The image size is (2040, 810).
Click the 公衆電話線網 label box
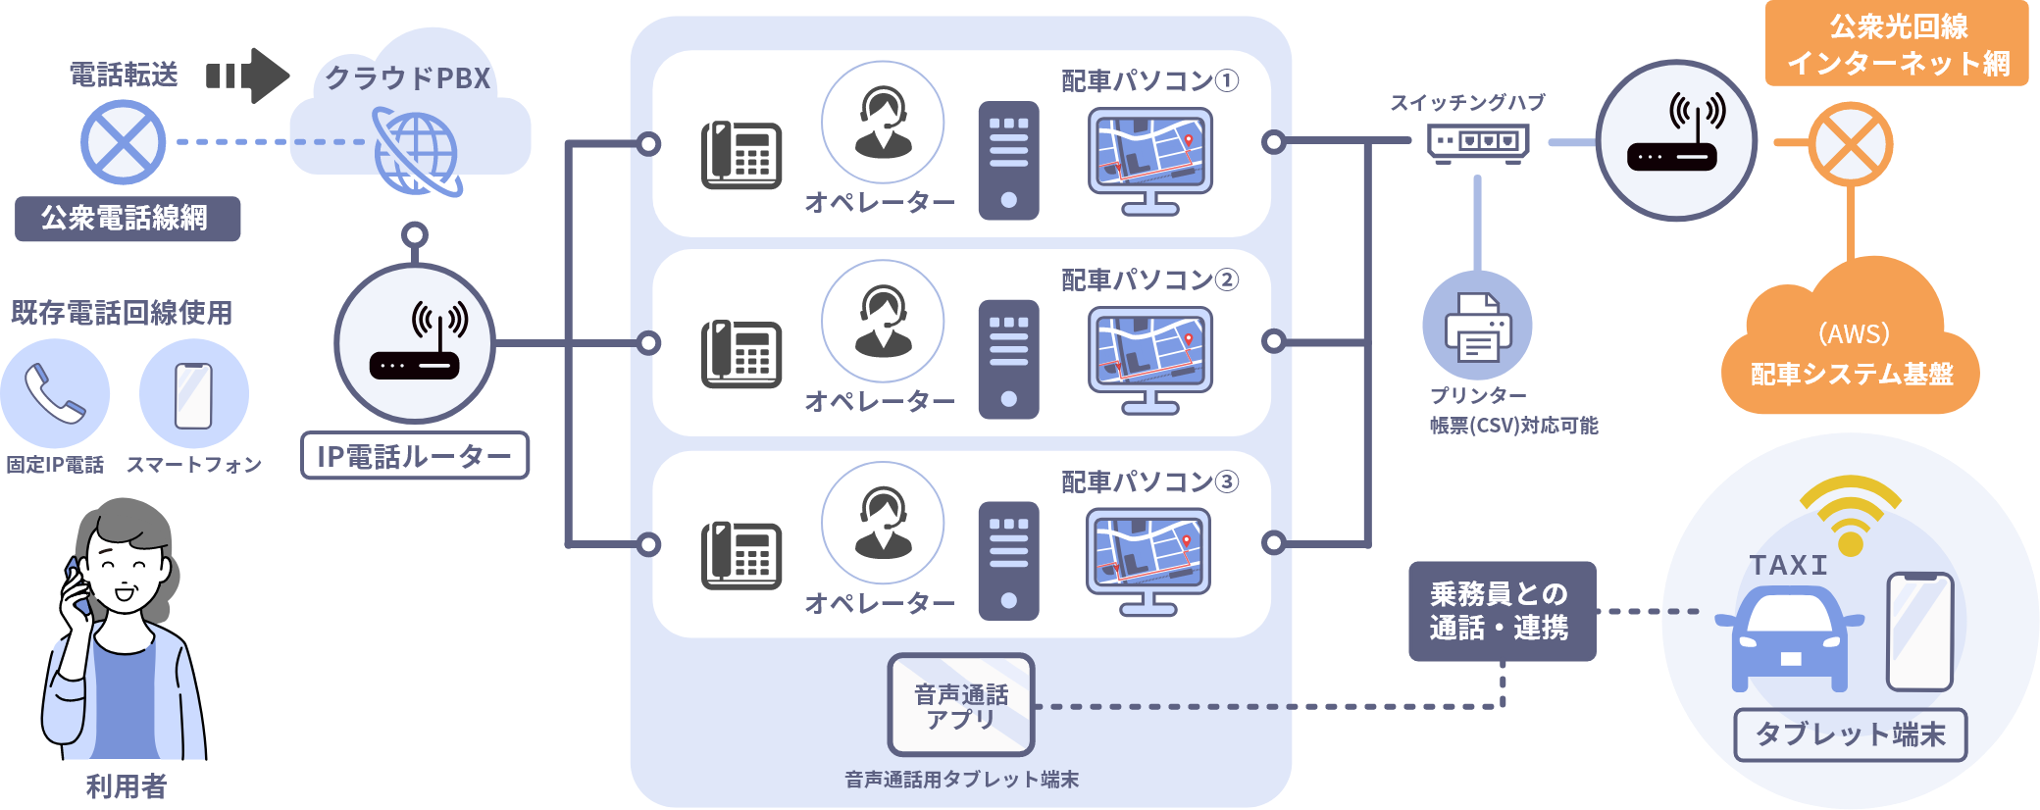point(127,219)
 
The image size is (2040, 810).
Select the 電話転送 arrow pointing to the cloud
point(249,76)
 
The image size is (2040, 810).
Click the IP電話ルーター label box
point(414,456)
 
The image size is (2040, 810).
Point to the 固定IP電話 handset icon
point(55,393)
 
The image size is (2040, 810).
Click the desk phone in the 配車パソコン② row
point(741,354)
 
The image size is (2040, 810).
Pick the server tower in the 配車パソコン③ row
point(1008,562)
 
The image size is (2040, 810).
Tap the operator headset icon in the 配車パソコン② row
point(883,321)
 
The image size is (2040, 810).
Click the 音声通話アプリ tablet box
point(961,705)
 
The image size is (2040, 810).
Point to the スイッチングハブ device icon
point(1478,143)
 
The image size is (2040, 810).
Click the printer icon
point(1478,327)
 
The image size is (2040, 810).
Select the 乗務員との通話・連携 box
point(1502,611)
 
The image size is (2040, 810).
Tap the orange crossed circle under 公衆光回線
point(1850,144)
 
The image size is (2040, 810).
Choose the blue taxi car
point(1790,637)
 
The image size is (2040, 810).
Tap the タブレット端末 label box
point(1850,734)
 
